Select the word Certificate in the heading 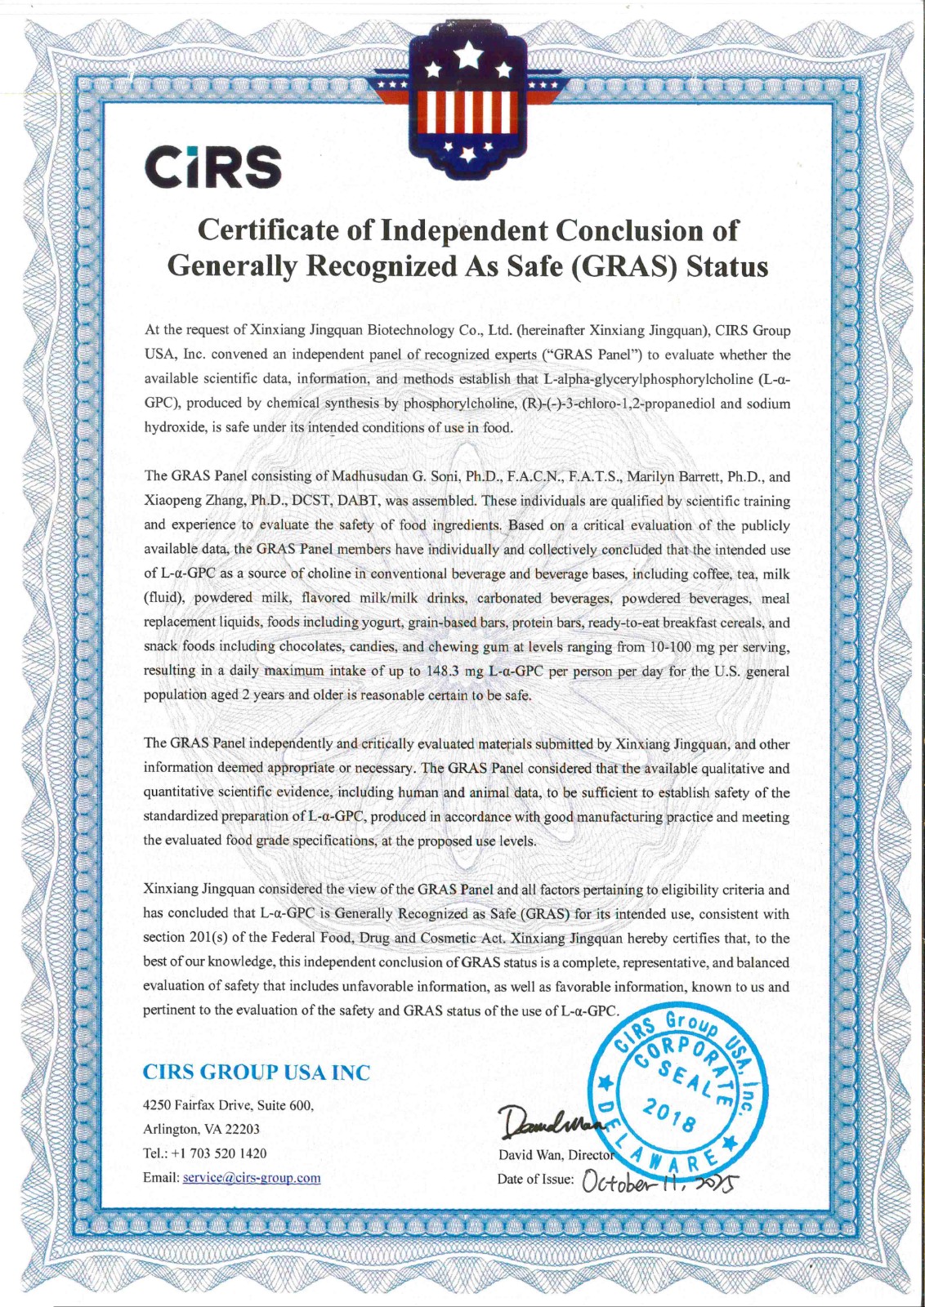coord(270,230)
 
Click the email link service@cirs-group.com coord(252,1177)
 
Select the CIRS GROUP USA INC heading coord(256,1072)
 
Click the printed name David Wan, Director coord(556,1155)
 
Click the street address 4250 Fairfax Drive coord(197,1105)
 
